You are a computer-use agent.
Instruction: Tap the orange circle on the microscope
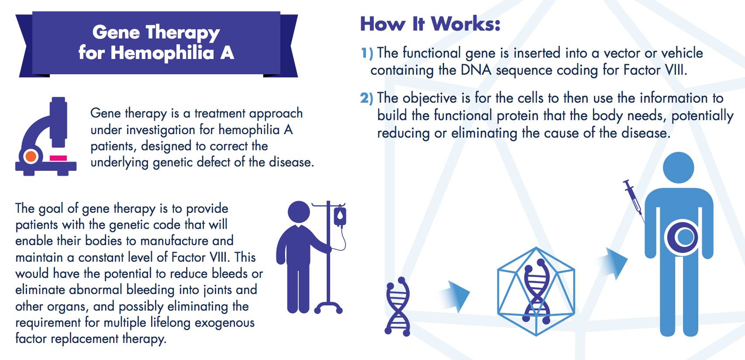[31, 156]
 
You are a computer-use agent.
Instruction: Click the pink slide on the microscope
[58, 158]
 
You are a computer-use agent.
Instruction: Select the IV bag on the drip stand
[340, 216]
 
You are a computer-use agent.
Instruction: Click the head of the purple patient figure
[299, 212]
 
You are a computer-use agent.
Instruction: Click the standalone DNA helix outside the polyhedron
[397, 306]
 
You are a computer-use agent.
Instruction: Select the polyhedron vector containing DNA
[536, 291]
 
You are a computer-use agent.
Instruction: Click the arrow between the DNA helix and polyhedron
[455, 297]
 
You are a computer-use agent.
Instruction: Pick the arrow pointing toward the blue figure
[613, 262]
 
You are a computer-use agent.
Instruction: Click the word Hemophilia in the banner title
[162, 53]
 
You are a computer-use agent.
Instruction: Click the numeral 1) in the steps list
[367, 53]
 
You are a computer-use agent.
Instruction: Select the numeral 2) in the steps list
[367, 98]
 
